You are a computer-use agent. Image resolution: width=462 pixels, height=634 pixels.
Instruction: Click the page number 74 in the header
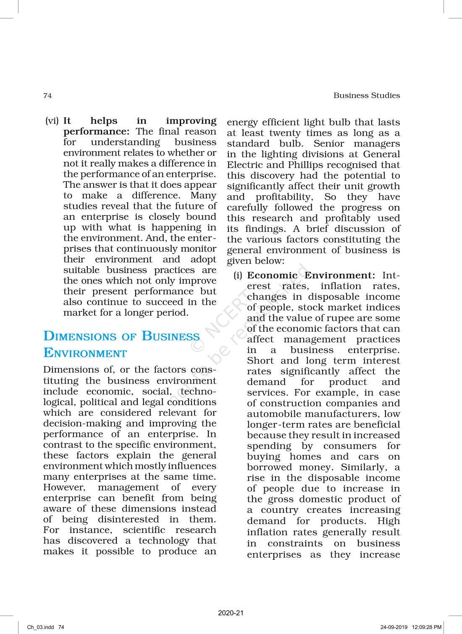click(47, 96)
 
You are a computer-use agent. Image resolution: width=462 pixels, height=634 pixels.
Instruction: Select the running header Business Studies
click(367, 96)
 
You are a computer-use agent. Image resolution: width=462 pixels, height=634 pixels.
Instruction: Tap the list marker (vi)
click(52, 121)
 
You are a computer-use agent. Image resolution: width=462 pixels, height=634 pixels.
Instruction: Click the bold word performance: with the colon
click(96, 132)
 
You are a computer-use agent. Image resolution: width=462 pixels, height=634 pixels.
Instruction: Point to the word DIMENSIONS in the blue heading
click(80, 336)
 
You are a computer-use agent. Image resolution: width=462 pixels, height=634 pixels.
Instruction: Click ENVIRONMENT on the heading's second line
click(85, 353)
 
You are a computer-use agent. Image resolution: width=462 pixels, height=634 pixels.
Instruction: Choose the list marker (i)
click(238, 276)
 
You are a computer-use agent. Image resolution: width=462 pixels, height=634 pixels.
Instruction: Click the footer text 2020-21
click(231, 613)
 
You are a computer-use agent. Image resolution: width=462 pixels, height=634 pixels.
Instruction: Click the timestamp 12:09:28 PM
click(427, 627)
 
